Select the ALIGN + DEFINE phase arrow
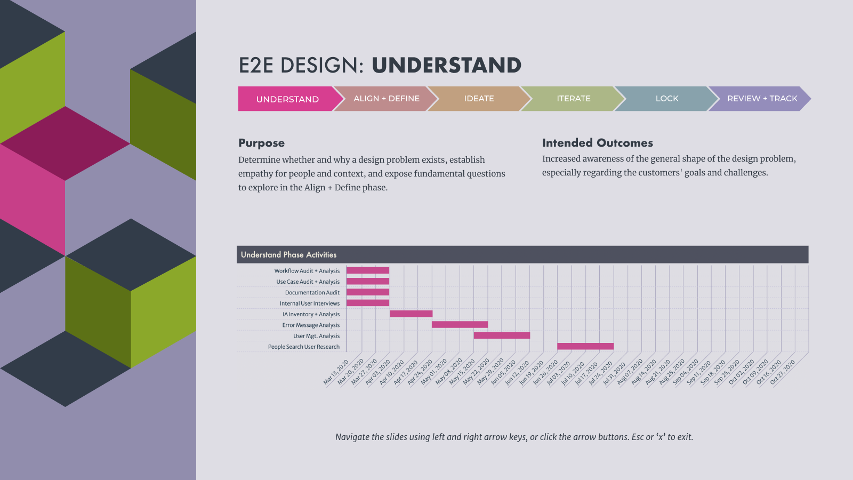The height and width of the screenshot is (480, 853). [x=386, y=99]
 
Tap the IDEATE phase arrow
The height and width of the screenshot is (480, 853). [x=479, y=99]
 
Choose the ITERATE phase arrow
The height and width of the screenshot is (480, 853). [x=573, y=99]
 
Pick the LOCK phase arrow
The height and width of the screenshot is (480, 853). [x=667, y=99]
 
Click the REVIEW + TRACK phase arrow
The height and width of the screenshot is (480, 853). [x=760, y=99]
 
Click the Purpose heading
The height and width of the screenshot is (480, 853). [x=262, y=143]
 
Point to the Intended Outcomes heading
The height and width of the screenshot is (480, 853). [x=598, y=143]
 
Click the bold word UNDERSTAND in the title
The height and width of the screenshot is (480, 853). [x=446, y=65]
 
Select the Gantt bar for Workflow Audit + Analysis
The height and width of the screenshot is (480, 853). [x=368, y=270]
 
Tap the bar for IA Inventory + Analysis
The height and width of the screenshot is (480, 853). [x=411, y=314]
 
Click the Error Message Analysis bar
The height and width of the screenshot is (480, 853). [x=460, y=325]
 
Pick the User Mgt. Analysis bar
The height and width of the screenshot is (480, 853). [x=502, y=335]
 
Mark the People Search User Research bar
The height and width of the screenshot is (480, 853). [x=585, y=346]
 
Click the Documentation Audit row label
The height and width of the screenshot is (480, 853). [x=312, y=293]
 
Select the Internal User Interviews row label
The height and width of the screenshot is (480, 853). [x=310, y=303]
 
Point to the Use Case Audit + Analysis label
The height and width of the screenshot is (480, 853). [x=308, y=282]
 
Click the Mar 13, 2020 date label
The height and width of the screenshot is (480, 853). [x=336, y=373]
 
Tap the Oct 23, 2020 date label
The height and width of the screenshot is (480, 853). [x=783, y=373]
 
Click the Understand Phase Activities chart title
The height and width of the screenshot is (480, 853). [x=288, y=255]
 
